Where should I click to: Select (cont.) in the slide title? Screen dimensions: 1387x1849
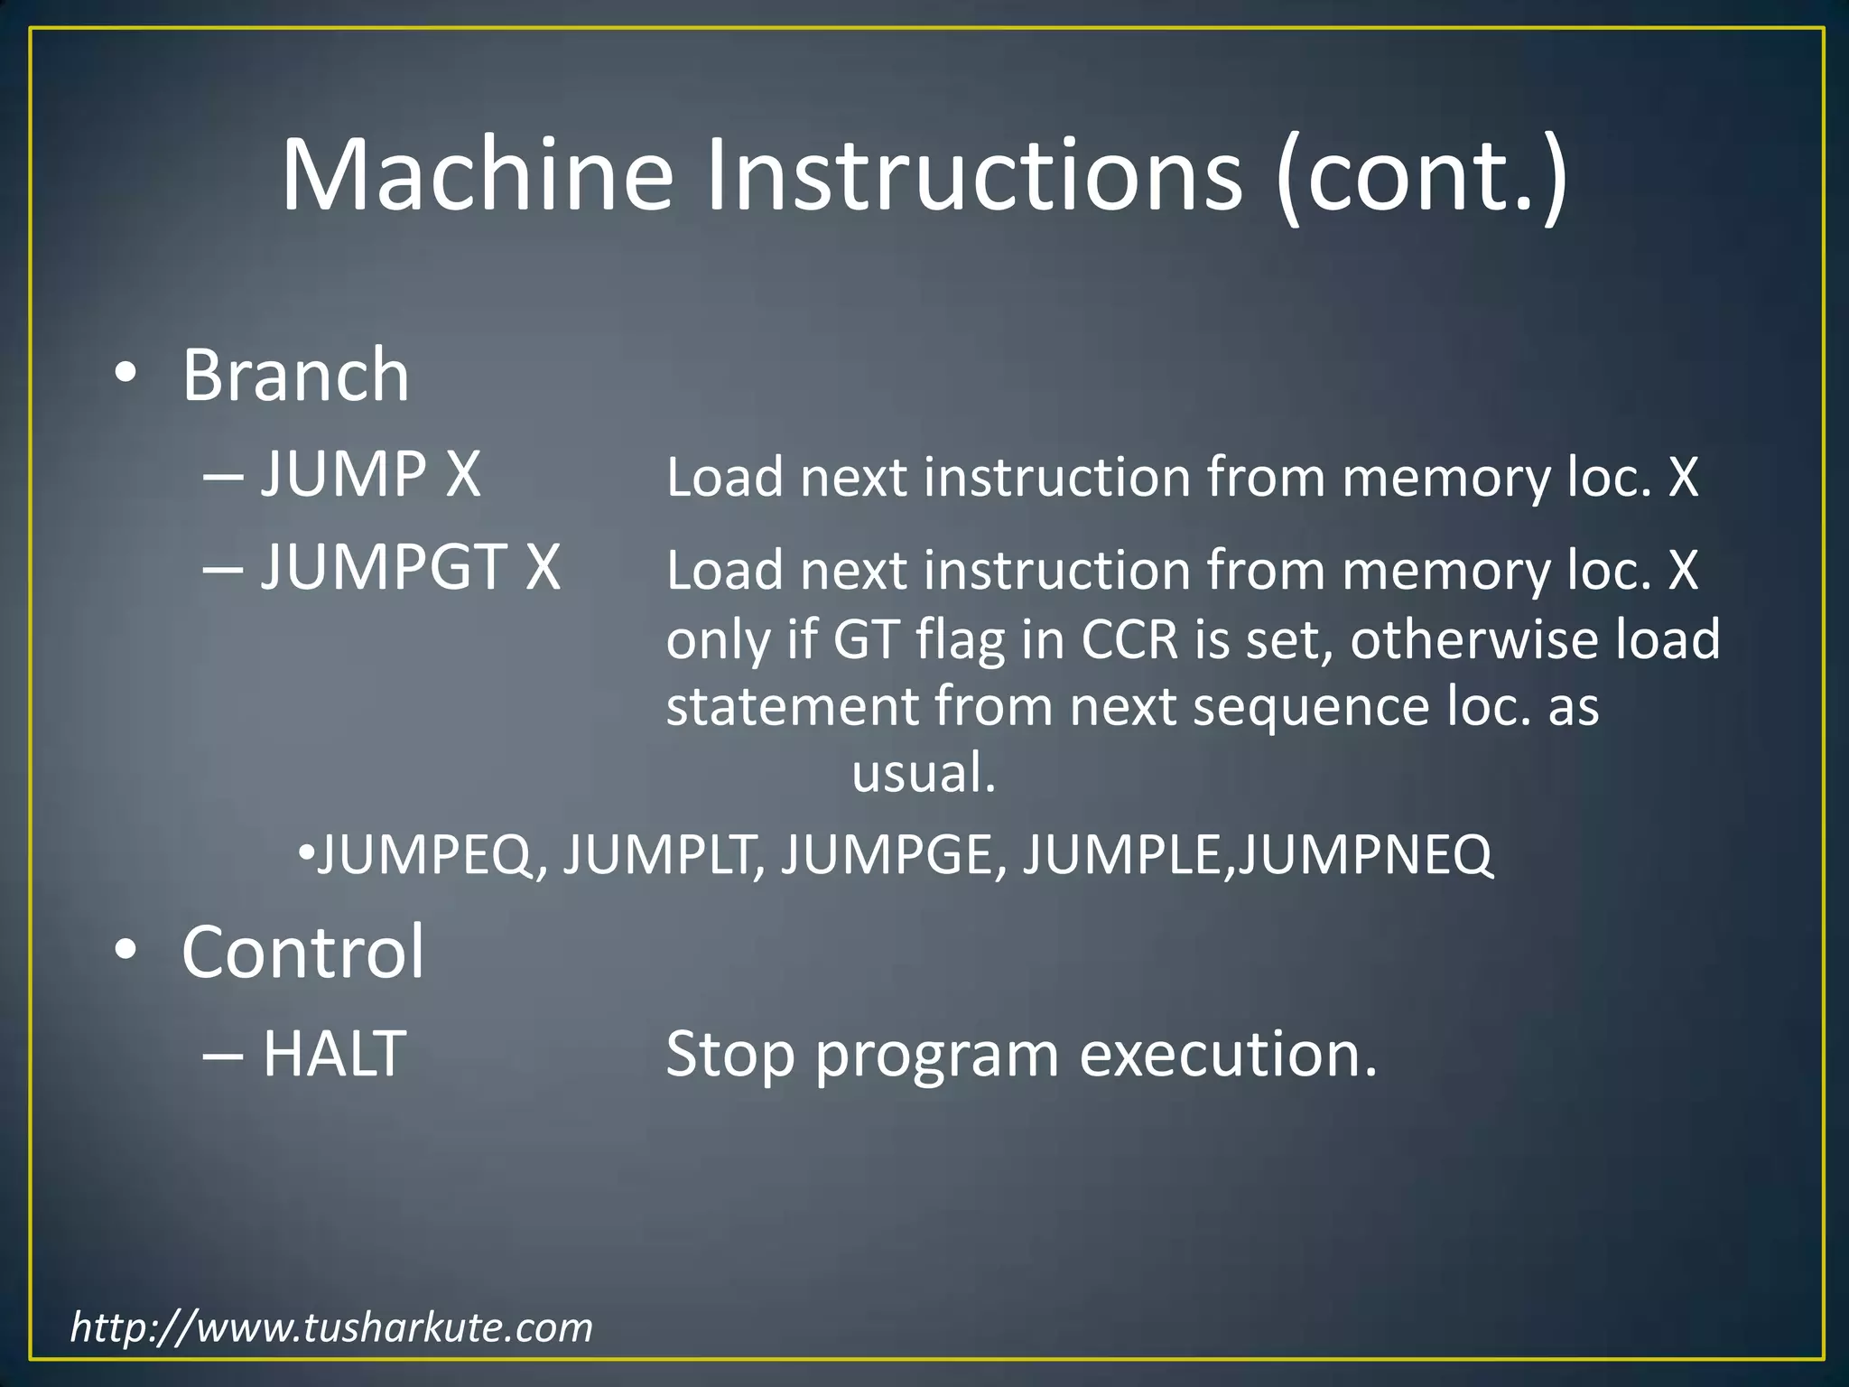pos(1423,176)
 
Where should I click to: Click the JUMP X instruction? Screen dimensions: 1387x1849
pos(370,473)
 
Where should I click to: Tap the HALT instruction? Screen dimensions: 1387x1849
pos(333,1054)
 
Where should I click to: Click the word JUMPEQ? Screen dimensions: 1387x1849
pos(424,854)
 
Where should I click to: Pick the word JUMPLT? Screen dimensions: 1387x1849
pos(664,854)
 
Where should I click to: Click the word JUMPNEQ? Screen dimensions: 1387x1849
pos(1365,854)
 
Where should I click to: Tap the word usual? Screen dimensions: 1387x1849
pos(923,774)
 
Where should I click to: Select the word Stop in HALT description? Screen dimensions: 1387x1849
pos(729,1054)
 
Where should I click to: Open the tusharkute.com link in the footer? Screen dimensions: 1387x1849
pos(331,1327)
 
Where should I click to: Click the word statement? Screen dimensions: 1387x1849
pos(791,706)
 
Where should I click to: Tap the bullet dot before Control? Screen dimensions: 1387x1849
pos(125,949)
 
